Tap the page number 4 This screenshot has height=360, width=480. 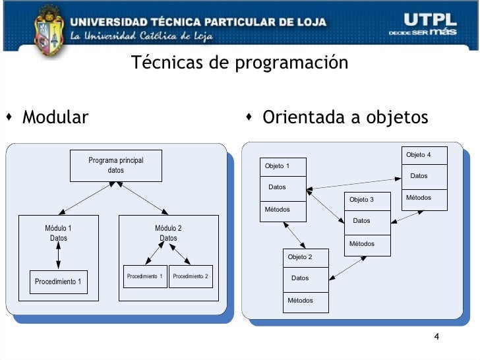(436, 338)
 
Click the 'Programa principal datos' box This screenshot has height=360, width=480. (116, 165)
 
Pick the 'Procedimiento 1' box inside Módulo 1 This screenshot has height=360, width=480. (58, 282)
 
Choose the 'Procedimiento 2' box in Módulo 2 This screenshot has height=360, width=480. (190, 276)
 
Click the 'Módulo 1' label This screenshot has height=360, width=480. (58, 228)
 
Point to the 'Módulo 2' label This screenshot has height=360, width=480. (168, 228)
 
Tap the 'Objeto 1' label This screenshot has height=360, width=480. (277, 165)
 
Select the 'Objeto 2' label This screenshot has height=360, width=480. (300, 256)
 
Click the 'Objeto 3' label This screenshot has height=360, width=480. (361, 199)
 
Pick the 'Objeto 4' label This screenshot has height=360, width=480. (419, 155)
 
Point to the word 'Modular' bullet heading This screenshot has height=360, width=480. (55, 118)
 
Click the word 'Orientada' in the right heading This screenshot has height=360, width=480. (298, 118)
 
